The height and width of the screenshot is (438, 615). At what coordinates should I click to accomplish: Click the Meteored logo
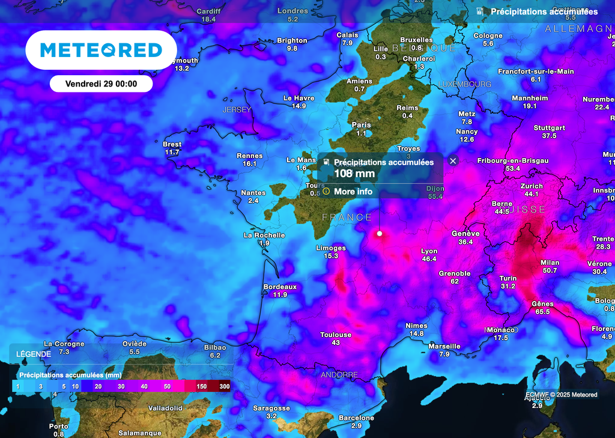[101, 50]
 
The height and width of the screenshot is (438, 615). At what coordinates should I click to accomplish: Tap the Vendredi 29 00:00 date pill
[101, 84]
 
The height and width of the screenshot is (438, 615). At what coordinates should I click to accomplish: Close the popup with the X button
[453, 160]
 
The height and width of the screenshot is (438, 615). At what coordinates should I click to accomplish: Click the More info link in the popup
[353, 192]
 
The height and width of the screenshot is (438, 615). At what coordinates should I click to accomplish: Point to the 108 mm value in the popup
[354, 174]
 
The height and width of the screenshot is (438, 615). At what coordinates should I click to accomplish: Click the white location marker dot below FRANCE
[379, 233]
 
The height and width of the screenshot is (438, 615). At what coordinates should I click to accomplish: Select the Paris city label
[361, 125]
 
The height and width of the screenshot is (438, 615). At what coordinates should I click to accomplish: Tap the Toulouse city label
[336, 335]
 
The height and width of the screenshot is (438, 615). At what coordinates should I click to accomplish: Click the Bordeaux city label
[280, 287]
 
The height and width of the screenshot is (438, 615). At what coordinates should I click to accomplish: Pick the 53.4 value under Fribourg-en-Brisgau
[512, 169]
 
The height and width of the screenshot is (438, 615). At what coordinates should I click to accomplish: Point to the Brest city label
[172, 144]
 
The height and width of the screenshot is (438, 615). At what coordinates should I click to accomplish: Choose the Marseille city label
[444, 346]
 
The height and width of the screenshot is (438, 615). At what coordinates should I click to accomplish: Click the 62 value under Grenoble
[455, 281]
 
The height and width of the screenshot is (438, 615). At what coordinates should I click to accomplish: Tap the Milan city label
[550, 263]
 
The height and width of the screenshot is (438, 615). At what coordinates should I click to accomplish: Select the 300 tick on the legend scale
[225, 386]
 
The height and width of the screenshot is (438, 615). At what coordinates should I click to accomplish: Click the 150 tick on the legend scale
[202, 386]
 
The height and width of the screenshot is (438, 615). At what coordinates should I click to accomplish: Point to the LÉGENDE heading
[33, 354]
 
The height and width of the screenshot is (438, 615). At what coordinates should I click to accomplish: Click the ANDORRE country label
[339, 375]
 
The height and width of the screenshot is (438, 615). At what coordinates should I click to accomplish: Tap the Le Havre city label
[299, 98]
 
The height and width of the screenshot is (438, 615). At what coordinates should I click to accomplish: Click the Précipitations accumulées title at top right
[544, 11]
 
